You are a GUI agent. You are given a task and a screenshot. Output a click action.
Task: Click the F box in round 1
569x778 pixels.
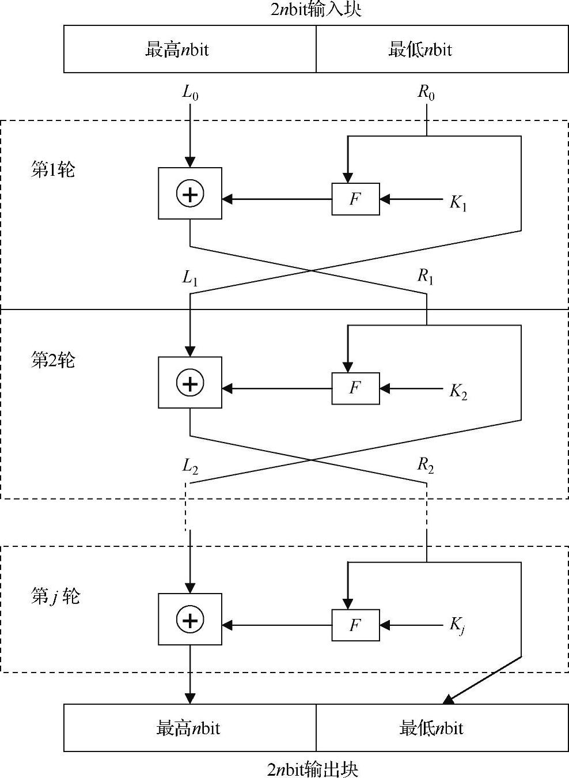tap(355, 199)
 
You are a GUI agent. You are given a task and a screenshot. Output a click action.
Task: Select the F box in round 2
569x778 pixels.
tap(355, 388)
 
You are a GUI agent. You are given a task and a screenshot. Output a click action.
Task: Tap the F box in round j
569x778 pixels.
tap(355, 625)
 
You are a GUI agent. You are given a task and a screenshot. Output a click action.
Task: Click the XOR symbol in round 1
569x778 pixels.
tap(190, 194)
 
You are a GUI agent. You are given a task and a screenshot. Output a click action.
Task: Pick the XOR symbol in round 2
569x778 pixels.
tap(190, 383)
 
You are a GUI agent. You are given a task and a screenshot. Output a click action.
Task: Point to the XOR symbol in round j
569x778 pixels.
tap(190, 620)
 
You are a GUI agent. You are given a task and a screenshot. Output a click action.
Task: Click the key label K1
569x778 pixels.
tap(458, 203)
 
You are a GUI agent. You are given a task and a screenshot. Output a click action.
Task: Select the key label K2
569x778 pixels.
tap(458, 392)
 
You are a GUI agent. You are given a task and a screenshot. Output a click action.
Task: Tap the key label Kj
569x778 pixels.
tap(457, 626)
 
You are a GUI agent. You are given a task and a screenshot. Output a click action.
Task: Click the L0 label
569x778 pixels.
tap(191, 92)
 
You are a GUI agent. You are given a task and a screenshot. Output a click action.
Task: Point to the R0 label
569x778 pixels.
tap(426, 92)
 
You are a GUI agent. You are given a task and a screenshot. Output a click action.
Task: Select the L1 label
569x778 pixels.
tap(191, 278)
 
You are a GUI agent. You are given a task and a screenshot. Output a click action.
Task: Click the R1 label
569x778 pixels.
tap(426, 277)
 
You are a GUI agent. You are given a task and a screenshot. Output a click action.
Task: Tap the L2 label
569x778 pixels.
tap(191, 466)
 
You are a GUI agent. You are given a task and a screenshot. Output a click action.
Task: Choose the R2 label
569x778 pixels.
tap(426, 466)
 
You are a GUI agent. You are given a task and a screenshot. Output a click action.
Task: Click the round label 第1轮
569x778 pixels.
tap(53, 170)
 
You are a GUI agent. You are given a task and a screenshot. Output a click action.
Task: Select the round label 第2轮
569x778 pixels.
tap(53, 360)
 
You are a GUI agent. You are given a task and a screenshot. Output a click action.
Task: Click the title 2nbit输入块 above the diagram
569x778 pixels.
tap(316, 10)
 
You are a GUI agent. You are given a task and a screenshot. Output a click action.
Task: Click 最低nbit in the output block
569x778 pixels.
tap(431, 728)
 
